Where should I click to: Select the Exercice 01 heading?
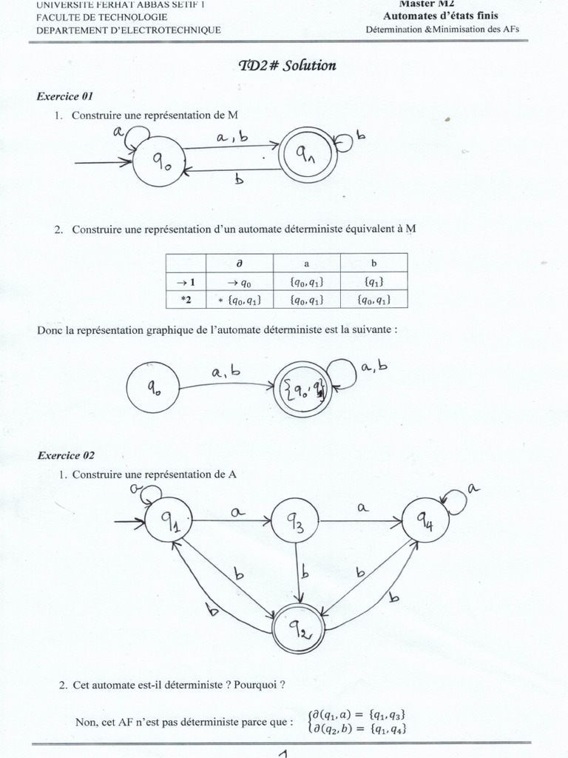pos(64,97)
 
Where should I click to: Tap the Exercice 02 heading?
pos(65,456)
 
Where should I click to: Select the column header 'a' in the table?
pos(306,262)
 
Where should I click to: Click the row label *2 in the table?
pos(186,299)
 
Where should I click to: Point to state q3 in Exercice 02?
pos(295,524)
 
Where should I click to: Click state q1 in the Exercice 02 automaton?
pos(169,523)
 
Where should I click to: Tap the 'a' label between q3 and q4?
pos(362,507)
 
